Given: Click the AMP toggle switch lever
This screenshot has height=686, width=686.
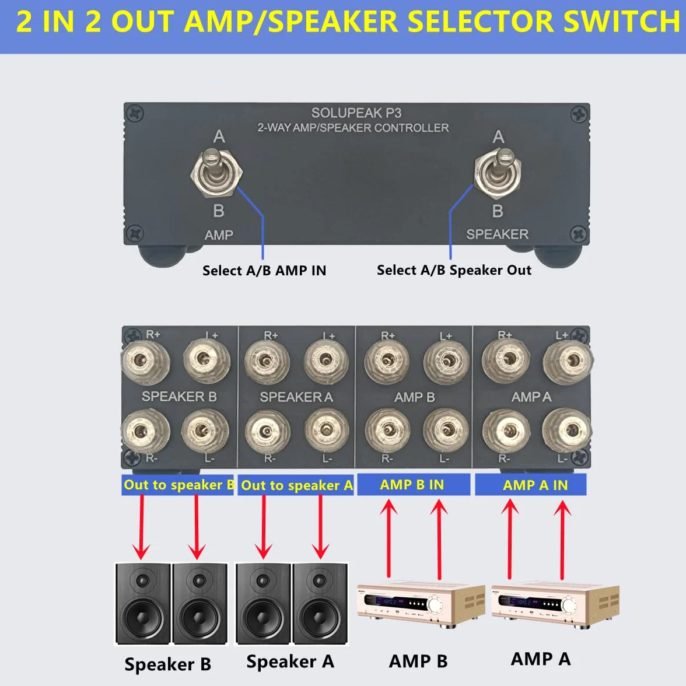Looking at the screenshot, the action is click(x=215, y=166).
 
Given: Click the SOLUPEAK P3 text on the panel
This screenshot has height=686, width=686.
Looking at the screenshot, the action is click(x=356, y=113).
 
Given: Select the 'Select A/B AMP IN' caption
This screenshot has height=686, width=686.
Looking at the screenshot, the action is click(x=264, y=271).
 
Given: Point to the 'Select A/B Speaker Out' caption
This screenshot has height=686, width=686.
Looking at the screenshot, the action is click(x=454, y=270).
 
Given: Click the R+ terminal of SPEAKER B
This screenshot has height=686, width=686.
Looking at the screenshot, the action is click(x=145, y=362).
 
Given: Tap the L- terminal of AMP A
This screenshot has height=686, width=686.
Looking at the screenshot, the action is click(x=568, y=430).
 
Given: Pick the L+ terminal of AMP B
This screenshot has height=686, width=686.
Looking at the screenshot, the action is click(x=447, y=362).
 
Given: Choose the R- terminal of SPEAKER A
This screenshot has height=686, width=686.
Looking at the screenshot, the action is click(x=267, y=432).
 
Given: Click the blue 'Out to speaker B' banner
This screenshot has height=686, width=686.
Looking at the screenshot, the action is click(x=177, y=485).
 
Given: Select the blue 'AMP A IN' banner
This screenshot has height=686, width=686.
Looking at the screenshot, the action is click(x=531, y=485).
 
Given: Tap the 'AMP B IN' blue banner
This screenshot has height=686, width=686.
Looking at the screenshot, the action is click(x=414, y=485).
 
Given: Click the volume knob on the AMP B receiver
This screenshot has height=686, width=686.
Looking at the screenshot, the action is click(x=435, y=604).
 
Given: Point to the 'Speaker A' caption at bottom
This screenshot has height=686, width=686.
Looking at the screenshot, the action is click(x=290, y=661).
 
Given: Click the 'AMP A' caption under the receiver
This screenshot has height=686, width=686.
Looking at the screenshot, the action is click(x=541, y=659).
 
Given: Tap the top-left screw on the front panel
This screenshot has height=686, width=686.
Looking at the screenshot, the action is click(x=135, y=114).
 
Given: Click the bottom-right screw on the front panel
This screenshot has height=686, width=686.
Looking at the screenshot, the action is click(x=579, y=233).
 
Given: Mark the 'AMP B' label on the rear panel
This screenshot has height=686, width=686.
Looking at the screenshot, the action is click(x=414, y=397).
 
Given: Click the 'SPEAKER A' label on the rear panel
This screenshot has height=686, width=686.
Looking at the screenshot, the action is click(x=296, y=397).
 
